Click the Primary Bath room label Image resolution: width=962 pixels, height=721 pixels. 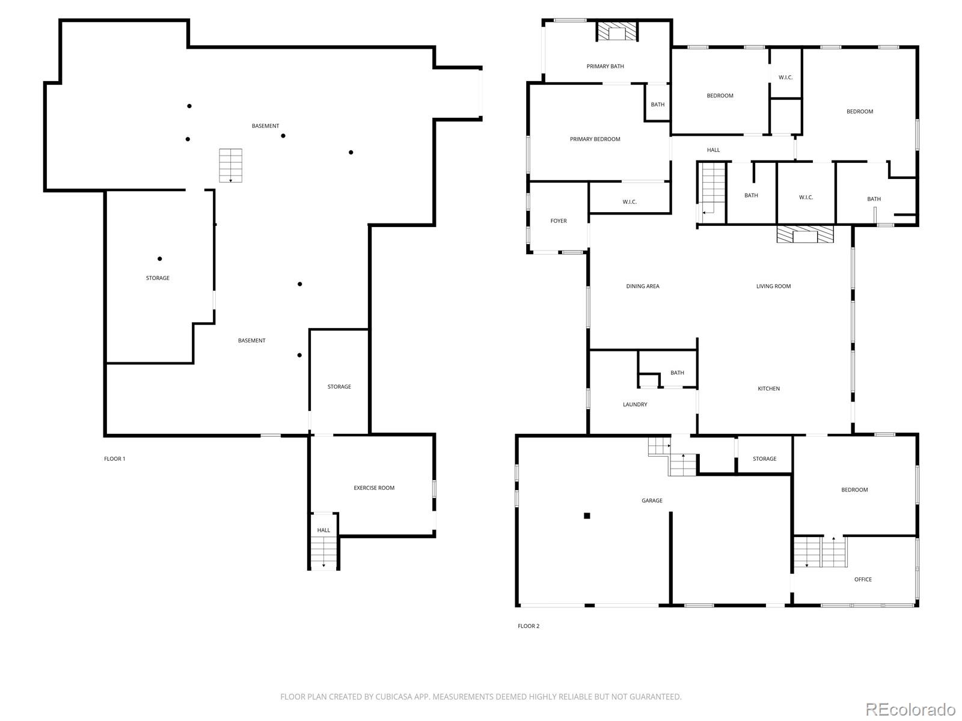pos(605,67)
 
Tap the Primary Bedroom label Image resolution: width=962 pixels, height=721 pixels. pos(595,139)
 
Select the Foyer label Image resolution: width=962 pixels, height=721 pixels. pos(559,221)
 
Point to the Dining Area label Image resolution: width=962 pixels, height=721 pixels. pos(643,287)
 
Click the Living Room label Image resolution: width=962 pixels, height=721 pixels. pos(773,287)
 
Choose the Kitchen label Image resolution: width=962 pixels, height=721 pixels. pos(768,389)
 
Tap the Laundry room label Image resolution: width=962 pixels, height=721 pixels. pos(634,404)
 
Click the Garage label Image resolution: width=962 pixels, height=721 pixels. pos(652,500)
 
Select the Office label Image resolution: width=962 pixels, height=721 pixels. pos(863,579)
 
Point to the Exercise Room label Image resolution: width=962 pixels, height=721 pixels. pos(374,488)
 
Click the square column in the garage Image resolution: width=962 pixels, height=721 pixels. pos(587,516)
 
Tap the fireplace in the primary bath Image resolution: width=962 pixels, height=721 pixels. pos(617,31)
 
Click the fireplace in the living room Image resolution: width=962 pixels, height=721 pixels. pos(804,234)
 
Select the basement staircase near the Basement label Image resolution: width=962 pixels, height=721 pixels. pos(230,165)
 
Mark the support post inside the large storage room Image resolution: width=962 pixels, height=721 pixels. pos(159,259)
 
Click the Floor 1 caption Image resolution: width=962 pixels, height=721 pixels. pos(114,459)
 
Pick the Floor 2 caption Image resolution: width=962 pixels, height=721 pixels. pos(528,626)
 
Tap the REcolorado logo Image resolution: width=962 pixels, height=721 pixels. pos(910,709)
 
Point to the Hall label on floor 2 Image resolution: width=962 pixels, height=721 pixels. pos(713,150)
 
